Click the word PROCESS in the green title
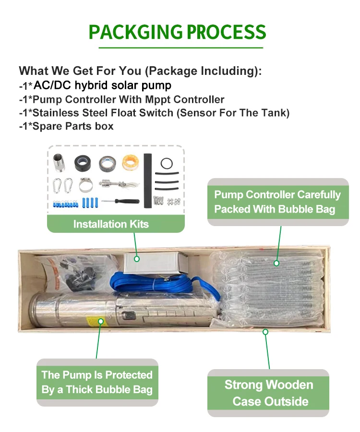point(227,32)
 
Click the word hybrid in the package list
point(92,85)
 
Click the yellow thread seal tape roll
point(130,163)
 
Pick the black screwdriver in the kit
point(120,202)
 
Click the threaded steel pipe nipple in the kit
point(59,163)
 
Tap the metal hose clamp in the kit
point(85,185)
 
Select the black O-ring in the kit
point(167,159)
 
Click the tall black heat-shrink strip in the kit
point(148,181)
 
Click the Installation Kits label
point(111,224)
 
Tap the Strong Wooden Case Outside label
point(269,393)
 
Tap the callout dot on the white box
point(137,259)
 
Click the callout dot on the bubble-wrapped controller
point(276,263)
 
